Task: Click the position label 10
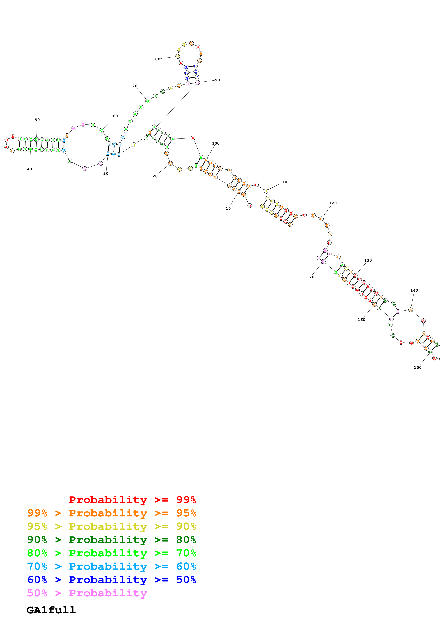228,208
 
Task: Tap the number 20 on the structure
155,176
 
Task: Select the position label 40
29,169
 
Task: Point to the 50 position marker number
37,120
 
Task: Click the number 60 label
115,116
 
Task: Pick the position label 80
157,59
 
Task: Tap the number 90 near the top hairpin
217,80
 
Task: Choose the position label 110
283,182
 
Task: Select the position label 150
417,367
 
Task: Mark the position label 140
414,290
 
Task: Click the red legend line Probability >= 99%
132,500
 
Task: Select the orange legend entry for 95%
111,513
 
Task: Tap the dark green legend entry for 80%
111,540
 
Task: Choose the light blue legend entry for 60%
111,566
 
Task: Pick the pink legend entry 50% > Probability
87,593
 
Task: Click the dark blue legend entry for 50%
111,580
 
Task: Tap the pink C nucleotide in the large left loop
85,169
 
